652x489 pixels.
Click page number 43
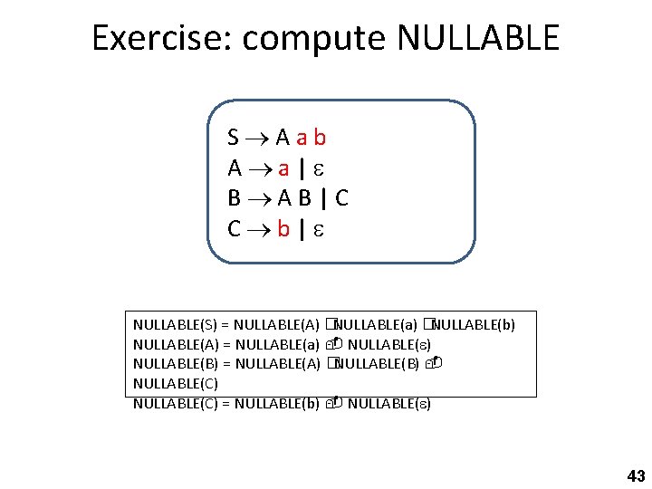tap(636, 475)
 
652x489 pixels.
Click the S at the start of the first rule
tap(234, 138)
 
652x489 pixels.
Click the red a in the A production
tap(283, 168)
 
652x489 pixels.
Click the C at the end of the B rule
tap(341, 198)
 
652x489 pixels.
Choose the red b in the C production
tap(283, 229)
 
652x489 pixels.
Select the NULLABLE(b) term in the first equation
tap(474, 324)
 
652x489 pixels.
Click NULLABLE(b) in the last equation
tap(276, 403)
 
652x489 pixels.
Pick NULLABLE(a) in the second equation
tap(276, 344)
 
